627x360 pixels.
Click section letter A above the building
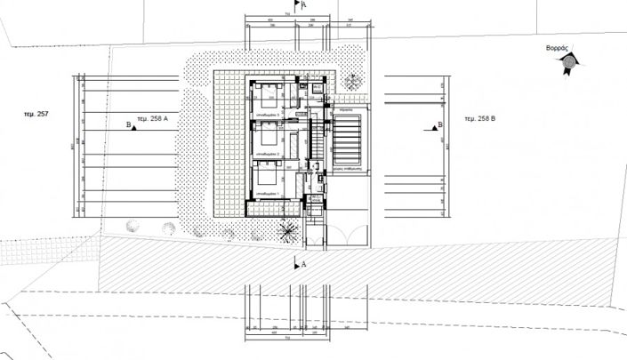(x=305, y=4)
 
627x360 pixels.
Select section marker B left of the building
(x=130, y=126)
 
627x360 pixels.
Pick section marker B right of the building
(x=439, y=126)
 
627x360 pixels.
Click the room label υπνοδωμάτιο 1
(x=268, y=194)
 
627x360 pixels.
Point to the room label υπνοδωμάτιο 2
(x=268, y=155)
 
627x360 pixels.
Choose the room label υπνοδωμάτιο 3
(x=268, y=115)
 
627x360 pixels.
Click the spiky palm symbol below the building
(x=287, y=233)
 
